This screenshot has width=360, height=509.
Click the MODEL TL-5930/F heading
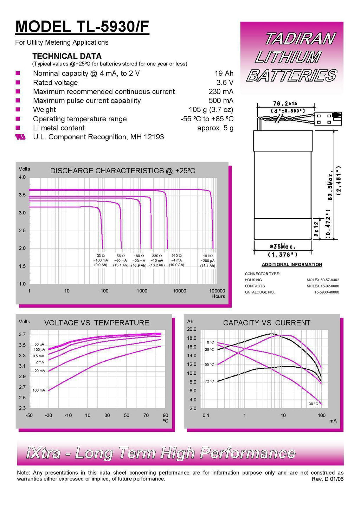coord(82,27)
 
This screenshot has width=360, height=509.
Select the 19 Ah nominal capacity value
coord(224,73)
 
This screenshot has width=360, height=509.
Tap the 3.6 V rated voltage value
coord(225,83)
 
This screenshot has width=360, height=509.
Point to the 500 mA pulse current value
coord(221,101)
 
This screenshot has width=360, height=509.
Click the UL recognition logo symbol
coord(20,137)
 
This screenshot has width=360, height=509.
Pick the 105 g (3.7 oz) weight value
coord(211,110)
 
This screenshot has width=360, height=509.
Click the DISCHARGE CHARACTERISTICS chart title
coord(122,171)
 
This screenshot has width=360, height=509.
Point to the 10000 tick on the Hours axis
coord(179,291)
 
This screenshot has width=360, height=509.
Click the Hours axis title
coord(218,296)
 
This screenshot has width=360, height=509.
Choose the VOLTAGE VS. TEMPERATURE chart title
coord(96,323)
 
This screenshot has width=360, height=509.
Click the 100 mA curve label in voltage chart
coord(39,390)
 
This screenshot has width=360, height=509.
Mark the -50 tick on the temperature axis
coord(29,415)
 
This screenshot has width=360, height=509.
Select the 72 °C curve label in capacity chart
coord(209,381)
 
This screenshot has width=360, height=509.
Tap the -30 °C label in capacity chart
coord(313,404)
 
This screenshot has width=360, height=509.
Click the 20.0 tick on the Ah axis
coord(192,329)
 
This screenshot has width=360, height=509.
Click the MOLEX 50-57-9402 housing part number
coord(322,280)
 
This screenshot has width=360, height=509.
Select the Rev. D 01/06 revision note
coord(327,479)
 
